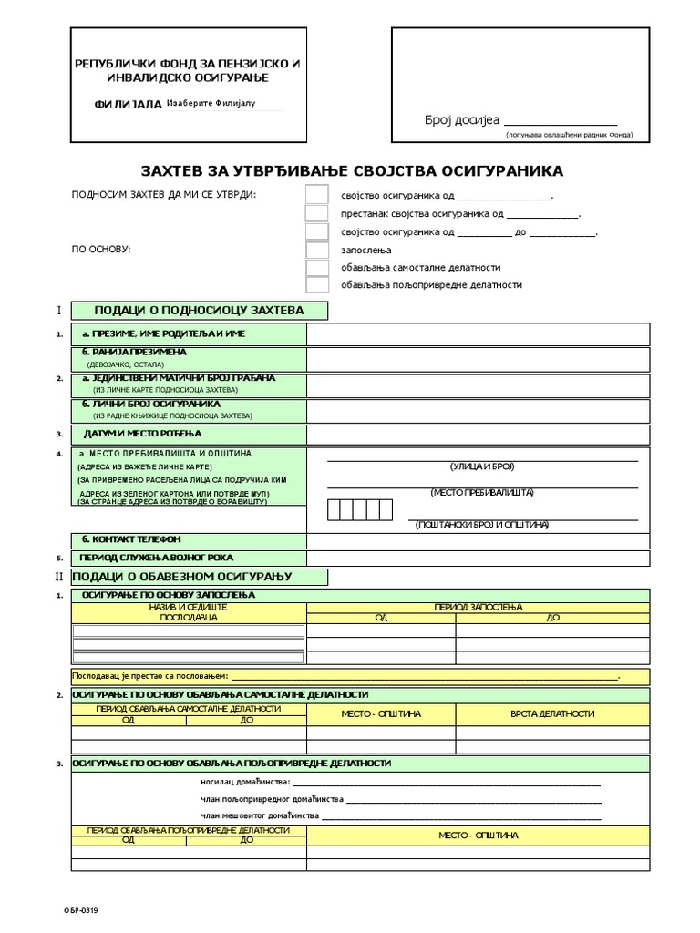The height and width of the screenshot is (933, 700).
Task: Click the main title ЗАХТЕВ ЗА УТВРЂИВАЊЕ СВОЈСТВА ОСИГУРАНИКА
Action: (352, 170)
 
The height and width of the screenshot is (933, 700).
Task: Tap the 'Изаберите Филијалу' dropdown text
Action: (211, 103)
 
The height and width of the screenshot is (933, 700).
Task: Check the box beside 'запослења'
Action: (316, 250)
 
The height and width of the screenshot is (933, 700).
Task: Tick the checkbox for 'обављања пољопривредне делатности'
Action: (316, 284)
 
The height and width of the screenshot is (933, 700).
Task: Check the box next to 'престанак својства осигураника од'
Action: (316, 214)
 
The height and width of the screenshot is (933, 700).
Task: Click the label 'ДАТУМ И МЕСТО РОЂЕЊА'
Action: (142, 433)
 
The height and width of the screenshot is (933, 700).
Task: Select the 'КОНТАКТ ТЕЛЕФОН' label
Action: (131, 538)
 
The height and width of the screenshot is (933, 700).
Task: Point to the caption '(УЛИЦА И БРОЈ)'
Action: (482, 466)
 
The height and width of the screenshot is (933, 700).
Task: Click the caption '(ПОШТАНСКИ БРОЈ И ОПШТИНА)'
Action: (482, 525)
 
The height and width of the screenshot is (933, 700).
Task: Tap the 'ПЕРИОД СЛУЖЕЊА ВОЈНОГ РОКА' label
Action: (156, 557)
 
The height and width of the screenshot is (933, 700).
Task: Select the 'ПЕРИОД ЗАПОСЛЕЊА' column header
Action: (478, 607)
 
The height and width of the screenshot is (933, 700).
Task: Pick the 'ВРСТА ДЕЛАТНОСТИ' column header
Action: (552, 713)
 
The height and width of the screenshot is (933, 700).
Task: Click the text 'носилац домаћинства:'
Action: (245, 782)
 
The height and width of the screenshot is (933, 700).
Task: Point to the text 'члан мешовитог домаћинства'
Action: (259, 815)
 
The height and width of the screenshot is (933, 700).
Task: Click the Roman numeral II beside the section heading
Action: (59, 577)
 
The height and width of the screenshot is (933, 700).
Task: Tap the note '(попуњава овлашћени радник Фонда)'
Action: (570, 135)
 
